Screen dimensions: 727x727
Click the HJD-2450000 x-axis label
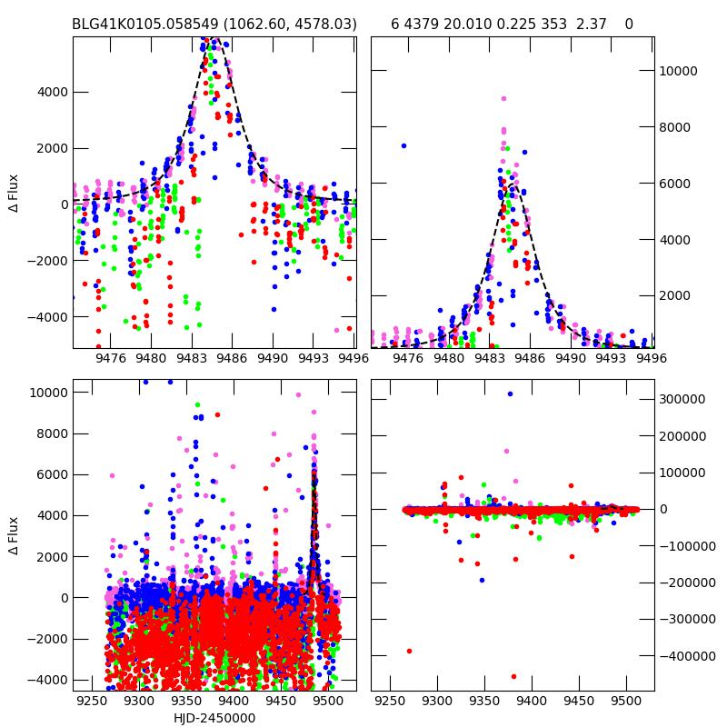pyautogui.click(x=214, y=718)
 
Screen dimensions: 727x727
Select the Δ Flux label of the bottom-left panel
pyautogui.click(x=14, y=536)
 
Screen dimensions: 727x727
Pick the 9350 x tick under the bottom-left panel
pyautogui.click(x=185, y=702)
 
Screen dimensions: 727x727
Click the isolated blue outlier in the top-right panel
pyautogui.click(x=403, y=145)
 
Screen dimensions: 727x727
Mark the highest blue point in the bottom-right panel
pyautogui.click(x=510, y=393)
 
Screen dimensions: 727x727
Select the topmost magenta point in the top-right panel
pyautogui.click(x=503, y=99)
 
